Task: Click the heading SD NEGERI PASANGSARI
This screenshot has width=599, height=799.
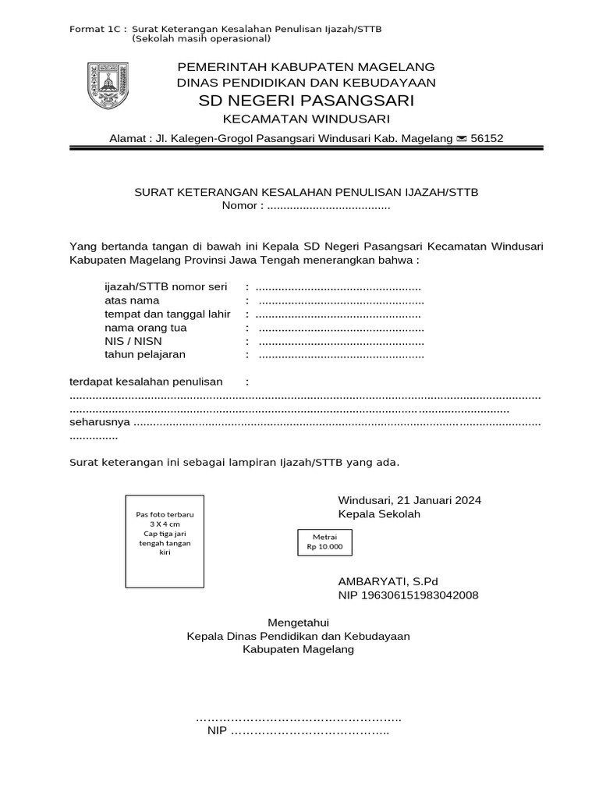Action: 307,101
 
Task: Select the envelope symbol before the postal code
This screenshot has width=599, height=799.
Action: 462,139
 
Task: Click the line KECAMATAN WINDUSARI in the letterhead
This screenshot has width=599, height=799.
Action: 307,119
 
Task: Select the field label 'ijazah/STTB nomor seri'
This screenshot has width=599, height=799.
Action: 165,286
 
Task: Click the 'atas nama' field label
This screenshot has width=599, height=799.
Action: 132,300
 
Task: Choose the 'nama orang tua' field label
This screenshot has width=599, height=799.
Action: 146,328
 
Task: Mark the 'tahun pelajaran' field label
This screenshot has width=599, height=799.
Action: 145,355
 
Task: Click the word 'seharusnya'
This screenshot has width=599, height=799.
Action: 100,423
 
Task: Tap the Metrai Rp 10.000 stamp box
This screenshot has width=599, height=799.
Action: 324,542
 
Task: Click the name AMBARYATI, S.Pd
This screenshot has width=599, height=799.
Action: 388,581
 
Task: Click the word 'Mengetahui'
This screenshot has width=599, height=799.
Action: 299,622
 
